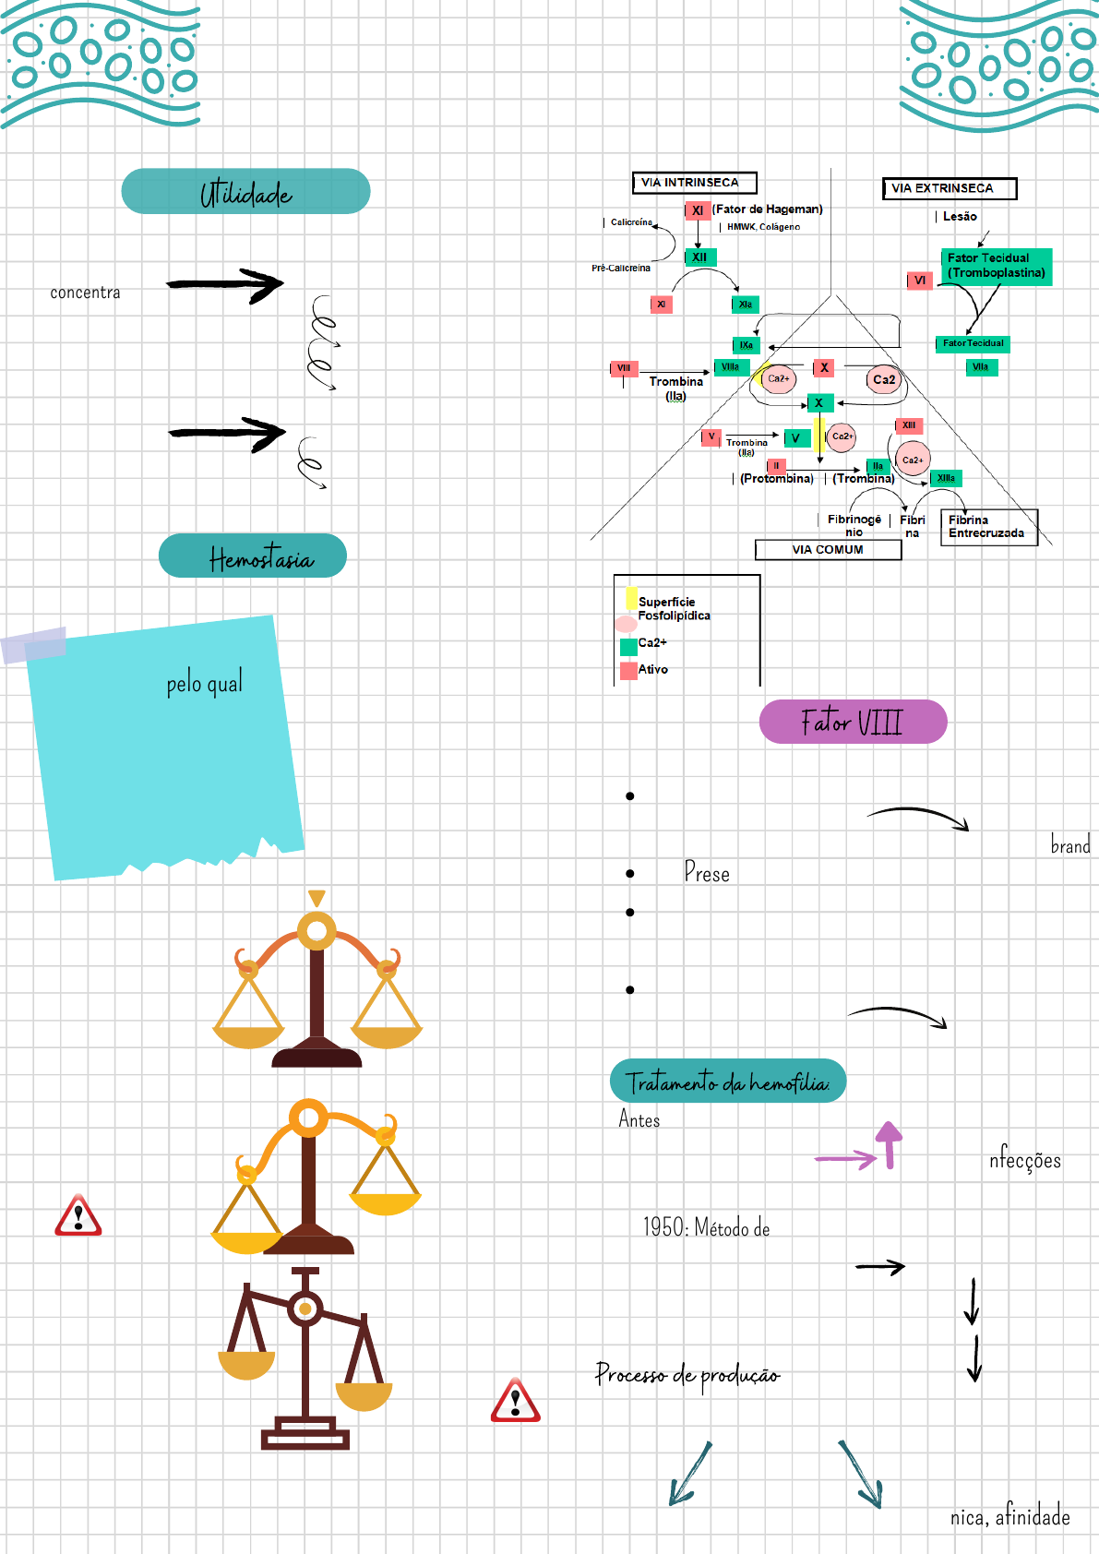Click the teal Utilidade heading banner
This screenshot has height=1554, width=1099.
[245, 192]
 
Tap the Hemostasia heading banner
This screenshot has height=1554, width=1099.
[253, 556]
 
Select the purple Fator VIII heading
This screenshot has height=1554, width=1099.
[853, 722]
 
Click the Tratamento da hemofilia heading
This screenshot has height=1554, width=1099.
[727, 1081]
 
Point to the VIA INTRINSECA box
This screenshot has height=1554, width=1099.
[694, 183]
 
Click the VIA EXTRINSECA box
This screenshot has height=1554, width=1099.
[949, 188]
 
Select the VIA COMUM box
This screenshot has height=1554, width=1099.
[828, 550]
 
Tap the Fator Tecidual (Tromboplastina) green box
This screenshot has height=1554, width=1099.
[996, 266]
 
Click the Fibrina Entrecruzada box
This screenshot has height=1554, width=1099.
[987, 527]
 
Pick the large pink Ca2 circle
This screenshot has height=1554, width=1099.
[883, 379]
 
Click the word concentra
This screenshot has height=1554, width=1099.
[85, 293]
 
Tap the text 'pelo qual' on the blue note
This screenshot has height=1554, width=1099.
[205, 684]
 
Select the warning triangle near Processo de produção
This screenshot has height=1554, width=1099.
[516, 1401]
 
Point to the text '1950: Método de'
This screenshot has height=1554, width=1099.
[706, 1227]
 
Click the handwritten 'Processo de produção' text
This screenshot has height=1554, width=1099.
[687, 1375]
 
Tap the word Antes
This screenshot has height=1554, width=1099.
[639, 1119]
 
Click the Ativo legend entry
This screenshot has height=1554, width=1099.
[645, 670]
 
